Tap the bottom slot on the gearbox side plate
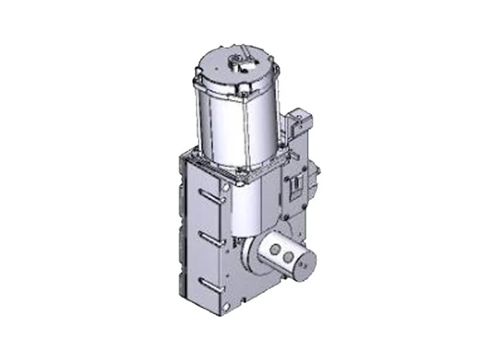tap(209, 278)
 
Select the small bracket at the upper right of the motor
tap(299, 119)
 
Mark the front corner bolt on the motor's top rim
tap(244, 93)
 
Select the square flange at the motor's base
tap(238, 162)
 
